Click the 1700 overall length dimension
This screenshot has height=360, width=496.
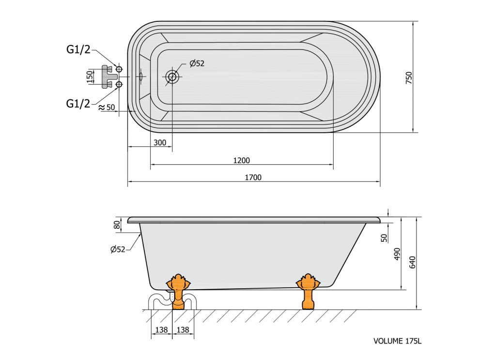(253, 177)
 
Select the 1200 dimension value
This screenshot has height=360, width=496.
(241, 160)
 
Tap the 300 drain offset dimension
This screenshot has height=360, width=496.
(160, 142)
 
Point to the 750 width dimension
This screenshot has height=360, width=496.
(409, 78)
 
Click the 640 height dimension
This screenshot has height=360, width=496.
(413, 262)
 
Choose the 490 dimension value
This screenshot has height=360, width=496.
(397, 254)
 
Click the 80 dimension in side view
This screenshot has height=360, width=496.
(117, 225)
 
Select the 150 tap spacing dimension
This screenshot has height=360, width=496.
(90, 77)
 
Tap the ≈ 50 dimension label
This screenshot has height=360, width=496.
(107, 108)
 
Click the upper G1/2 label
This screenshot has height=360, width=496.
(78, 50)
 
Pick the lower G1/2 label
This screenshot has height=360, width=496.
(78, 103)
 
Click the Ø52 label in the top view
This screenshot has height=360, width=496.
(197, 63)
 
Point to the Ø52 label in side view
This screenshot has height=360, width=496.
(118, 249)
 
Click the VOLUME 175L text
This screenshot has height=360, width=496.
(397, 341)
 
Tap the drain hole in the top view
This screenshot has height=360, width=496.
(172, 77)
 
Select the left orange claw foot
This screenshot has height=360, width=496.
(178, 291)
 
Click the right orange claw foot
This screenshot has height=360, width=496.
(308, 291)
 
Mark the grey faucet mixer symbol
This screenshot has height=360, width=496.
(108, 77)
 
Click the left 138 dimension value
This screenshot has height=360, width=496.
(161, 330)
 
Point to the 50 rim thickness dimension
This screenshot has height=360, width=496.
(384, 238)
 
